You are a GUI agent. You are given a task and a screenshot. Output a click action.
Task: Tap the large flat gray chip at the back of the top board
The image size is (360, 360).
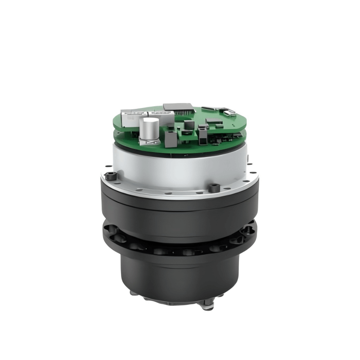(x=179, y=107)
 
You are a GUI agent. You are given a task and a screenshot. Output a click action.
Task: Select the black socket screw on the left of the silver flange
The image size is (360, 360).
(x=111, y=176)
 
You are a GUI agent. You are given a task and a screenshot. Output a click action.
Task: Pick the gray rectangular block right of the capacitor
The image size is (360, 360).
(x=171, y=139)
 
